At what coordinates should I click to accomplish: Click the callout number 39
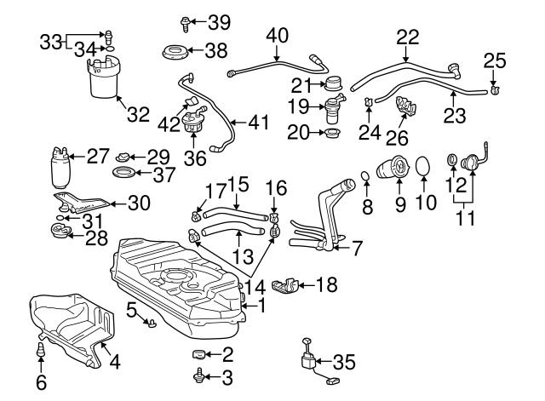coord(219,21)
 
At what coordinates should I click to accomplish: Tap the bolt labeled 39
coord(186,21)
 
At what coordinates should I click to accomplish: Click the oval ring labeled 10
coord(423,169)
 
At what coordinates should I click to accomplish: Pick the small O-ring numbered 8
coord(366,177)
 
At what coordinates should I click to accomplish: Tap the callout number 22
coord(408,37)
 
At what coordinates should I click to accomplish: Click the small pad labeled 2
coord(197,354)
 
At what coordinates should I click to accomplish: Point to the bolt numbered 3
coord(198,374)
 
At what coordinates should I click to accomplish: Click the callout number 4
coord(114,361)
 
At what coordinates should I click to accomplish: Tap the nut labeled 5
coord(152,323)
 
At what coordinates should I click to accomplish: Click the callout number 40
coord(278,37)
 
